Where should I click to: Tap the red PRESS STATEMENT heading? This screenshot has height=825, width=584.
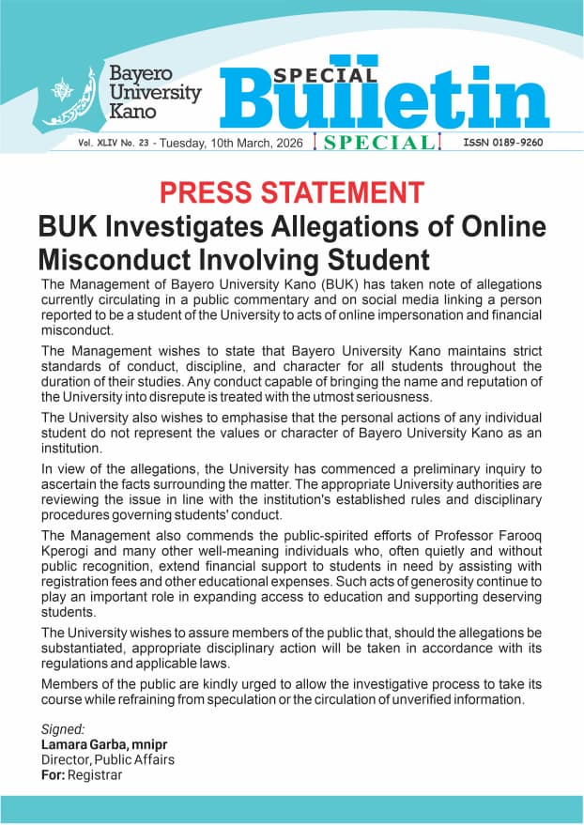[x=291, y=193]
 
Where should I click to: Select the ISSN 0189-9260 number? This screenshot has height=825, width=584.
[x=502, y=143]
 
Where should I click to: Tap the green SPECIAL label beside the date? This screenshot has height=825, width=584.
[x=375, y=143]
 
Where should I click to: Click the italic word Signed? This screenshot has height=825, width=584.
[x=63, y=729]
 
